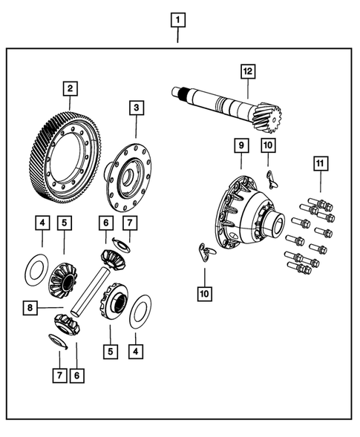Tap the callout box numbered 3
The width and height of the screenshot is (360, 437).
pyautogui.click(x=135, y=108)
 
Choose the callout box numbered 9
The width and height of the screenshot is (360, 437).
pyautogui.click(x=240, y=145)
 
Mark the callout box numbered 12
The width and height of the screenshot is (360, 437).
pyautogui.click(x=246, y=72)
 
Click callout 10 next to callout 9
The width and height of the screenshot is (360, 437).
pyautogui.click(x=268, y=145)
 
